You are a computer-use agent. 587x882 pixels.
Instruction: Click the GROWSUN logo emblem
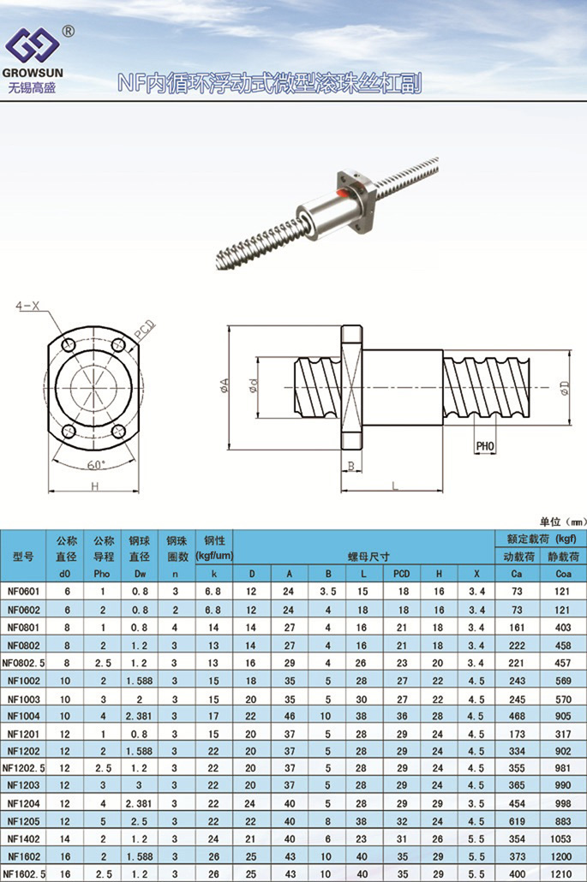pos(32,45)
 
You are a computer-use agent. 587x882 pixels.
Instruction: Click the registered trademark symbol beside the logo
pos(68,32)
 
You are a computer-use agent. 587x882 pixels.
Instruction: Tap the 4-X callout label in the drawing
pos(27,306)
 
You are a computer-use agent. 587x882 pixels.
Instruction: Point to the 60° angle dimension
pos(96,465)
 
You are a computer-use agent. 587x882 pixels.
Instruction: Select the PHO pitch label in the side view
pos(484,446)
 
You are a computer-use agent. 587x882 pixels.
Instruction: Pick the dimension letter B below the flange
pos(350,466)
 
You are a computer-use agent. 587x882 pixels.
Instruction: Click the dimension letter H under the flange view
pos(94,486)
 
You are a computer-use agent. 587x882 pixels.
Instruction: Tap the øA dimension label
pos(224,386)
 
